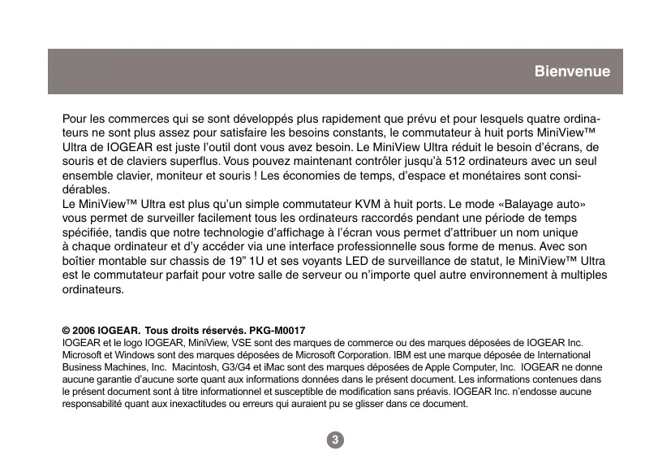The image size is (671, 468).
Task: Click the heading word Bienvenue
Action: [x=572, y=72]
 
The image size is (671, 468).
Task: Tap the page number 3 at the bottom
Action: [x=335, y=440]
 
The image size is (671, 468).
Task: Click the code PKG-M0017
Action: [x=277, y=332]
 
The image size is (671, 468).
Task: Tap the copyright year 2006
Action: [x=83, y=332]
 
